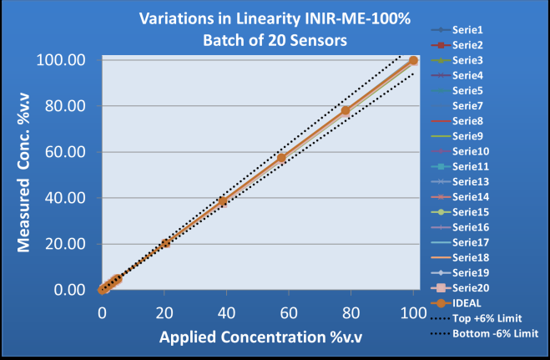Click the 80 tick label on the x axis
351,312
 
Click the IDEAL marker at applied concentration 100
413,60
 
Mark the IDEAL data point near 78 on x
345,110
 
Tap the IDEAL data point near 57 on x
281,158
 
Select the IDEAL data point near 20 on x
165,242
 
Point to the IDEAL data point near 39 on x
223,200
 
